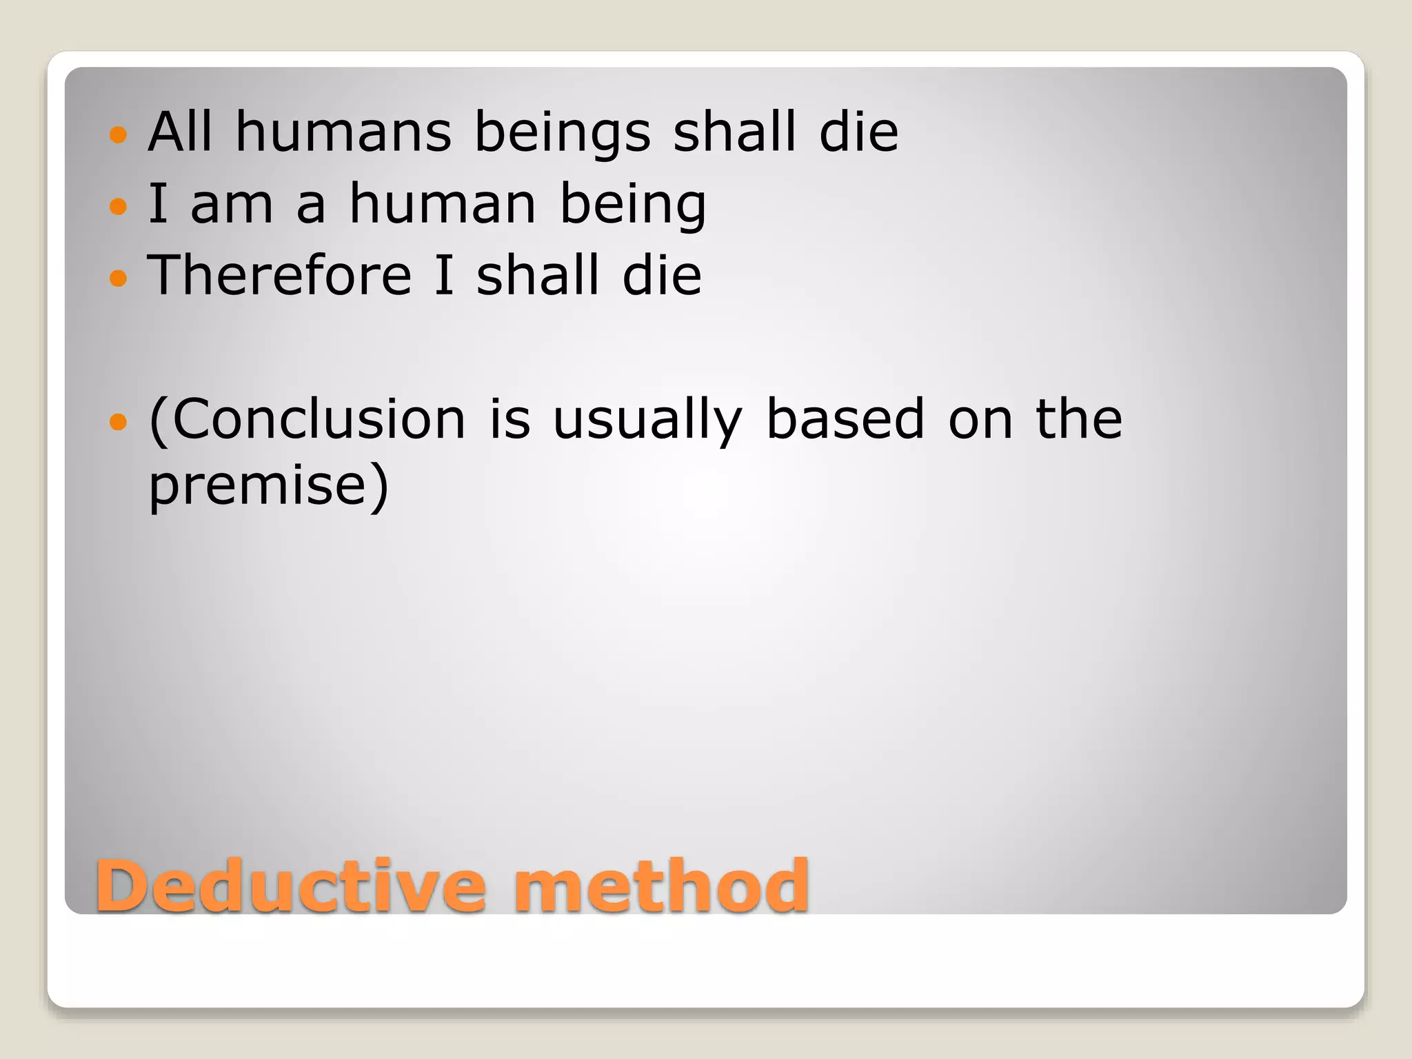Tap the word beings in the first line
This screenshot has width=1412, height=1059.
point(562,132)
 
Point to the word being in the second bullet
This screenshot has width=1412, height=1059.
point(632,205)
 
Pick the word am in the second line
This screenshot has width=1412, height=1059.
point(232,205)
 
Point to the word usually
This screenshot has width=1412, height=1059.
point(647,420)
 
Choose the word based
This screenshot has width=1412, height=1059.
point(845,418)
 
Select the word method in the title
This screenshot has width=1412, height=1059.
point(660,885)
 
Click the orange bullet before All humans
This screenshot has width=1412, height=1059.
point(119,134)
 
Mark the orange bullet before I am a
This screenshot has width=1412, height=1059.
point(119,205)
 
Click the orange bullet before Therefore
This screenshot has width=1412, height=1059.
point(119,278)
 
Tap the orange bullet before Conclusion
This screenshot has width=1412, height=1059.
point(119,421)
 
